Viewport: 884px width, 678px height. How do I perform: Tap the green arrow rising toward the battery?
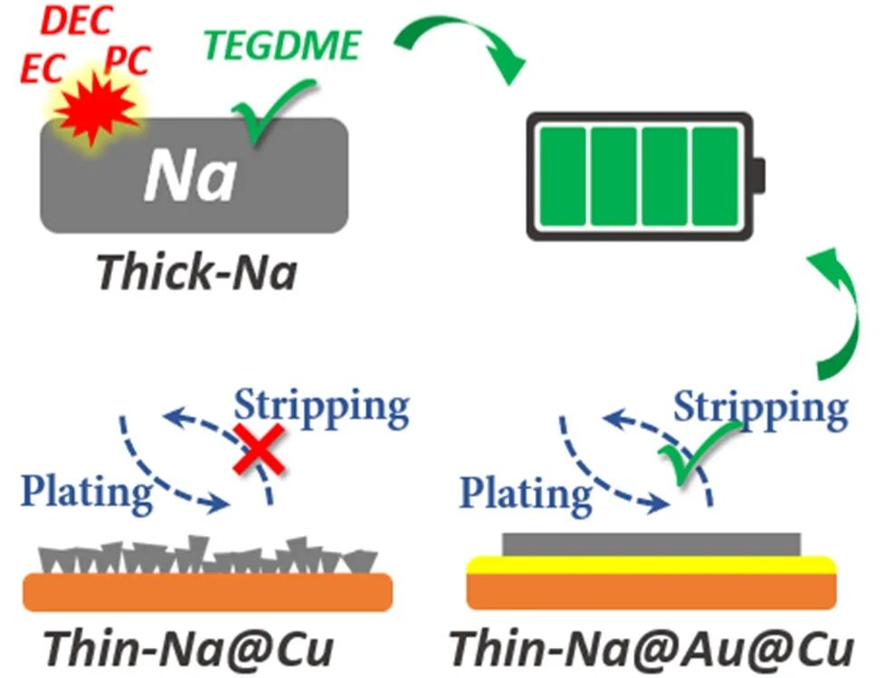tap(837, 317)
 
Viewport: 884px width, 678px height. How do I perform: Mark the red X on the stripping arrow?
tap(259, 450)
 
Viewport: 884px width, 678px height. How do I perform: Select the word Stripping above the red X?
tap(321, 406)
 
